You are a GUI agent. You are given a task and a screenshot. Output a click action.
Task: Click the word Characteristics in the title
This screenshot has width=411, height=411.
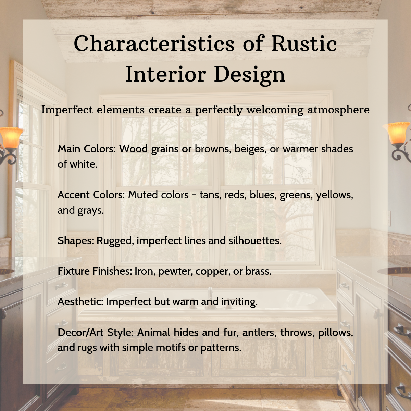(154, 43)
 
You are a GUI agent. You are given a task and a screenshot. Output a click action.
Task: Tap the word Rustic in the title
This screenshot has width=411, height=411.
(304, 43)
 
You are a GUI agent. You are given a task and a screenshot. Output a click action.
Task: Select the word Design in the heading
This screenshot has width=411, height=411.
(249, 74)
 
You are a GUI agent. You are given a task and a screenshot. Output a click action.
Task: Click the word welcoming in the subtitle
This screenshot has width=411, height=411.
(275, 110)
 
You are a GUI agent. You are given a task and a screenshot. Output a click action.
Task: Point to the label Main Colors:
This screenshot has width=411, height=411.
(87, 149)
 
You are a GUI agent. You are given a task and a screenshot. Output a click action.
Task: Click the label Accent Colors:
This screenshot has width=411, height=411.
(91, 195)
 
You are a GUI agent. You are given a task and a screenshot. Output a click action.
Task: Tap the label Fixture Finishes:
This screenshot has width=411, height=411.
(95, 271)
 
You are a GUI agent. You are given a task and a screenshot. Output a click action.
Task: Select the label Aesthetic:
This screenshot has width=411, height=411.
(80, 302)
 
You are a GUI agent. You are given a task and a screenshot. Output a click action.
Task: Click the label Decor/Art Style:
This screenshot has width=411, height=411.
(96, 333)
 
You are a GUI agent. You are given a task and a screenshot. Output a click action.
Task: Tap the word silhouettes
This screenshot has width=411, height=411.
(255, 241)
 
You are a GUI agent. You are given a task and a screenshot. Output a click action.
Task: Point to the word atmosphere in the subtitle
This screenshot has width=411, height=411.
(338, 110)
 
